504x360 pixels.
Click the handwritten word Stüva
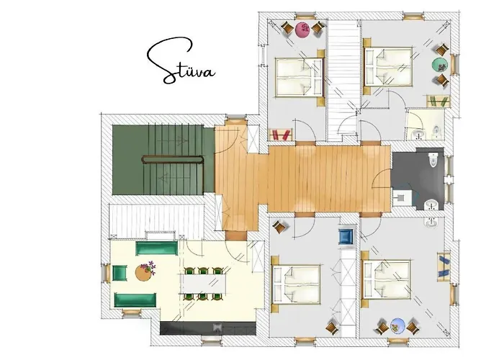click(181, 62)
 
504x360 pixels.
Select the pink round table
click(303, 30)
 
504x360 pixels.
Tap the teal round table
click(440, 66)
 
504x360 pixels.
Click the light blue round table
click(397, 326)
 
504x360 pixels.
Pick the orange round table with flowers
click(144, 272)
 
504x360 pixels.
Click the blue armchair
click(346, 237)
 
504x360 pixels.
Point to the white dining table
click(203, 284)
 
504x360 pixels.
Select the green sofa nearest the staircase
click(156, 248)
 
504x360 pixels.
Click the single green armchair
click(120, 273)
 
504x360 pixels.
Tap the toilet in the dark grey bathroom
click(433, 160)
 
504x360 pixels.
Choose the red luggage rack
click(280, 135)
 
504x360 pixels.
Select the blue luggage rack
click(444, 265)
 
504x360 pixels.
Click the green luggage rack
click(438, 101)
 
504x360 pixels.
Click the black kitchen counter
click(207, 328)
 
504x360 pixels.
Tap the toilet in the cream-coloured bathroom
click(436, 130)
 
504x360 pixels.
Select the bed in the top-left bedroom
click(299, 77)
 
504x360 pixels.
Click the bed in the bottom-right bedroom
click(387, 279)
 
